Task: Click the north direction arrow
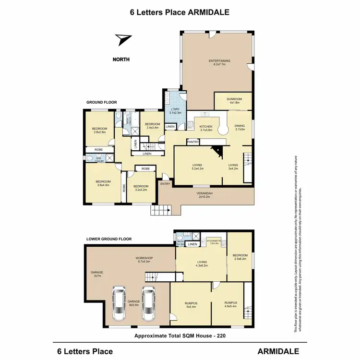[124, 40]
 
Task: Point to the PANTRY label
[193, 142]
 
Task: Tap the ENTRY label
[165, 184]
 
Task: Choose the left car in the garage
[118, 304]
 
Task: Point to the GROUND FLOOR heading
[101, 102]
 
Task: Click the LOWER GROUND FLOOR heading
[108, 239]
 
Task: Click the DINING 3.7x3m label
[240, 127]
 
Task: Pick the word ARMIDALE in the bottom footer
[278, 351]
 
